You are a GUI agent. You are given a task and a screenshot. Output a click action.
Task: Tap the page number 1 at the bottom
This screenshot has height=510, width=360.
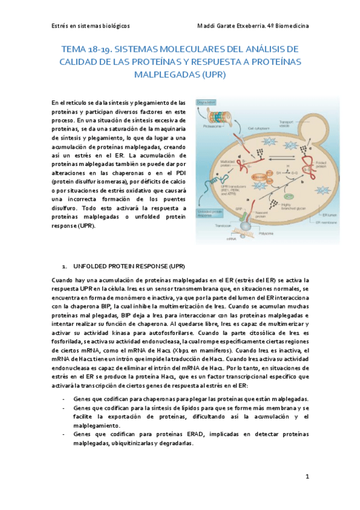coord(307,477)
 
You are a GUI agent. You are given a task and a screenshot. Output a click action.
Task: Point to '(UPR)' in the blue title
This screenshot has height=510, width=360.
coord(210,75)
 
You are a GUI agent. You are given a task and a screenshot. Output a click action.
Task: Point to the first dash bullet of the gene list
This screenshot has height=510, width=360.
coord(64,399)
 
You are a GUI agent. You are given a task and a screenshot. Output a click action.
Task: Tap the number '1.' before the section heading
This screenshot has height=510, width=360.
coord(65,265)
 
